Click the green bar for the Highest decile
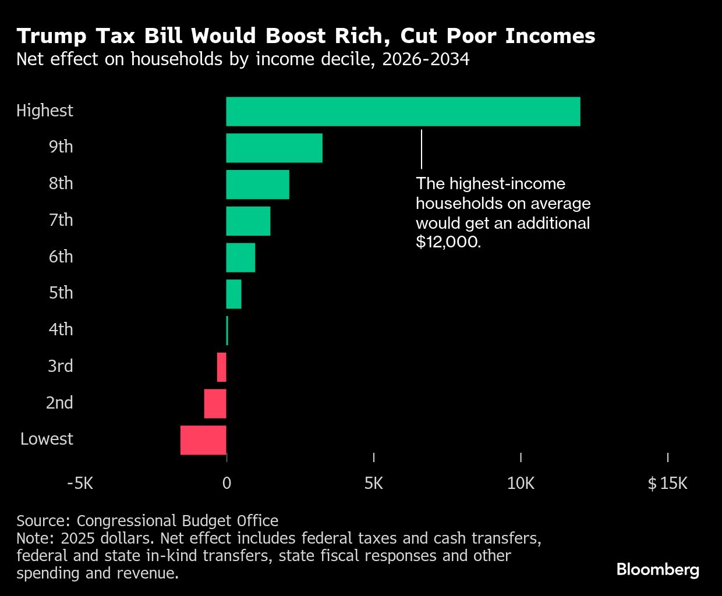coord(403,111)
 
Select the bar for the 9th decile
coord(274,148)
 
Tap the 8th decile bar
coord(257,185)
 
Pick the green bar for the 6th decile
coord(240,257)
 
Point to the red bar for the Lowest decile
coord(203,440)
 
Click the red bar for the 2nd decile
coord(215,403)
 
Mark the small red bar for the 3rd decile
coord(221,367)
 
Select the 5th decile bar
coord(233,294)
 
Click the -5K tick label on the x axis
coord(80,483)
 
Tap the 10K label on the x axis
coord(521,483)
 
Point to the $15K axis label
coord(667,483)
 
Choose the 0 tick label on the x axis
coord(226,483)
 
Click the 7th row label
coord(61,220)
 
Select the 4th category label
coord(61,329)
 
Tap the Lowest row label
coord(47,439)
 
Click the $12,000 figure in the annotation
coord(448,242)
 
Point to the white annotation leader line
coord(422,149)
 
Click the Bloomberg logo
coord(658,569)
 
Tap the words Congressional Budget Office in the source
coord(178,520)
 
